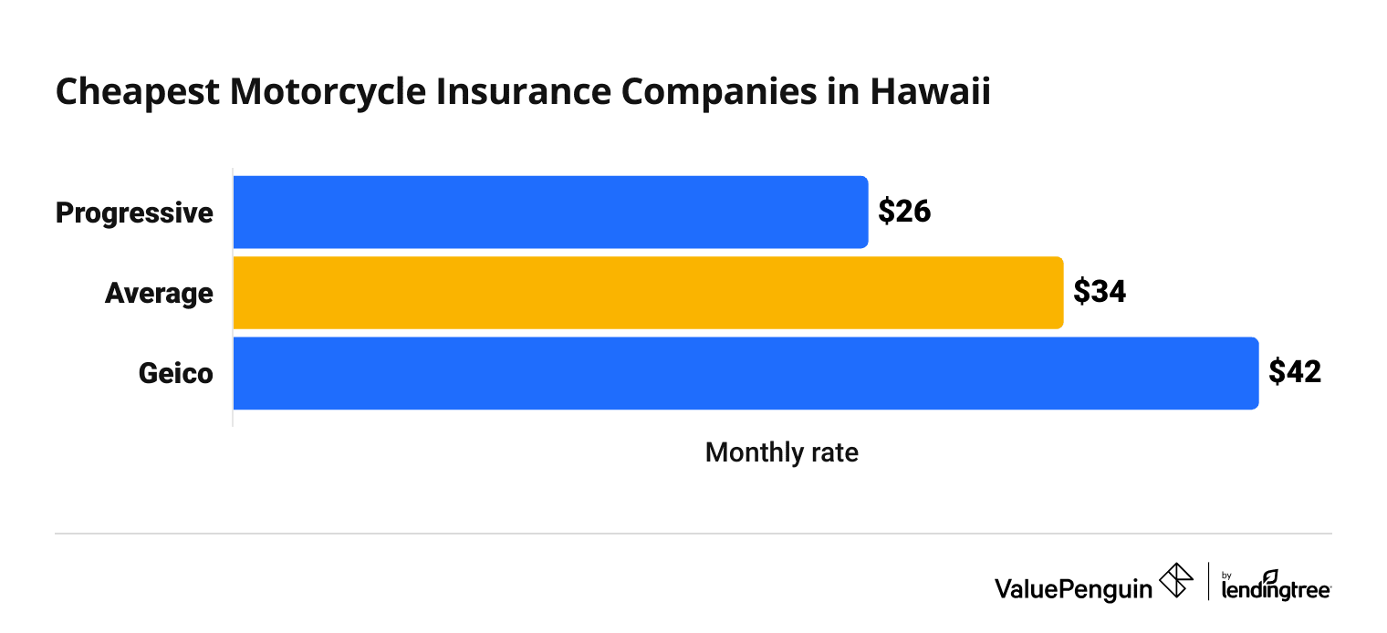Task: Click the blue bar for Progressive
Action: [x=550, y=212]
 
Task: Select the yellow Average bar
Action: [x=648, y=293]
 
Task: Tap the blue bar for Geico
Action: [x=746, y=373]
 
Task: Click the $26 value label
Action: [x=903, y=212]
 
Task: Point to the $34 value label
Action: [x=1100, y=293]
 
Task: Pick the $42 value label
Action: [x=1295, y=373]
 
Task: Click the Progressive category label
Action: [x=134, y=213]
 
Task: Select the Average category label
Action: [x=159, y=293]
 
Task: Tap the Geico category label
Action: [x=175, y=373]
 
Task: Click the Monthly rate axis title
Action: [x=781, y=452]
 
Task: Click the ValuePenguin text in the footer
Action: [x=1073, y=588]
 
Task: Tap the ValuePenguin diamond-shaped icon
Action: [x=1176, y=581]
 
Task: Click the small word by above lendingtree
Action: [x=1227, y=576]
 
